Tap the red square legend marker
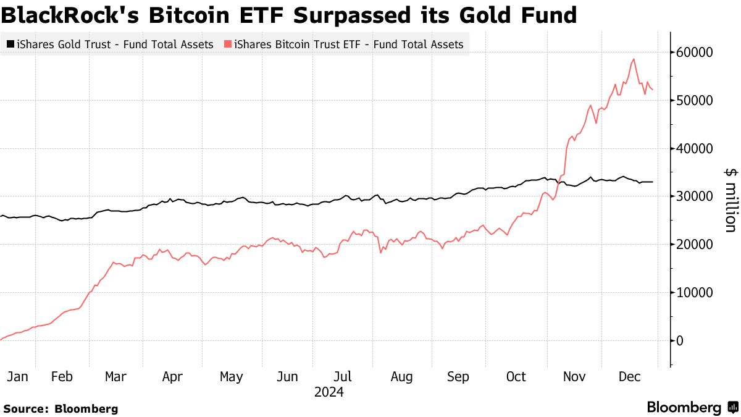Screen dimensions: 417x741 pos(228,44)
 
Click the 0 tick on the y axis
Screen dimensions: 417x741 pos(681,341)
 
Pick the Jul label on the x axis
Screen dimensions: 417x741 pos(343,377)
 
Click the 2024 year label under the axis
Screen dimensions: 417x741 pos(329,392)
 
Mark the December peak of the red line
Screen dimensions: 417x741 pos(634,59)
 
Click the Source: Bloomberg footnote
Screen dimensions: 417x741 pos(61,408)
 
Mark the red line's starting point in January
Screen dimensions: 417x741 pos(1,339)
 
